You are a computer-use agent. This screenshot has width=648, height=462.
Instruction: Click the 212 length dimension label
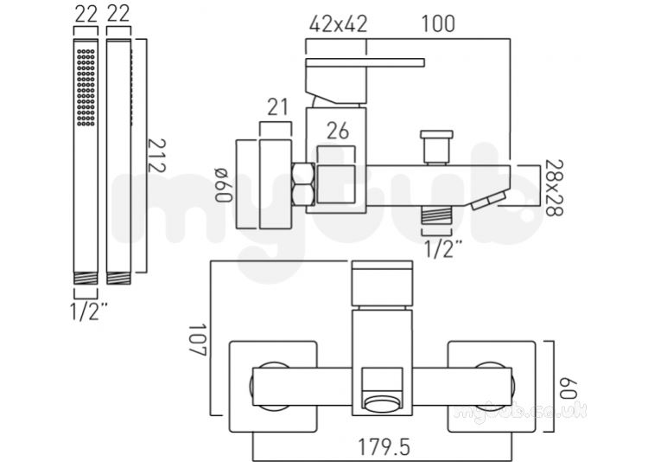pyautogui.click(x=157, y=155)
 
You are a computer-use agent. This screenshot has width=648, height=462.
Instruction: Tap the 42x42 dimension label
pyautogui.click(x=338, y=24)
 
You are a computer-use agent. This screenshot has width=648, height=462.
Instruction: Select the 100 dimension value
pyautogui.click(x=438, y=23)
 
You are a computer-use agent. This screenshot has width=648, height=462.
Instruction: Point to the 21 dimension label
pyautogui.click(x=277, y=107)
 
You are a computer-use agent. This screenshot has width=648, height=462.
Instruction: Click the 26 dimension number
pyautogui.click(x=338, y=132)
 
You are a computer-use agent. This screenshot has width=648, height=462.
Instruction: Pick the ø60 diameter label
pyautogui.click(x=224, y=184)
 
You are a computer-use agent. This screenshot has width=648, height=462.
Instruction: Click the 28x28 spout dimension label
pyautogui.click(x=554, y=188)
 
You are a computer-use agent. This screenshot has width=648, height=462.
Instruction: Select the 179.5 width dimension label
pyautogui.click(x=384, y=447)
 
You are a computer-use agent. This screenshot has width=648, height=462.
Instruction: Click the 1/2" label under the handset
pyautogui.click(x=89, y=311)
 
